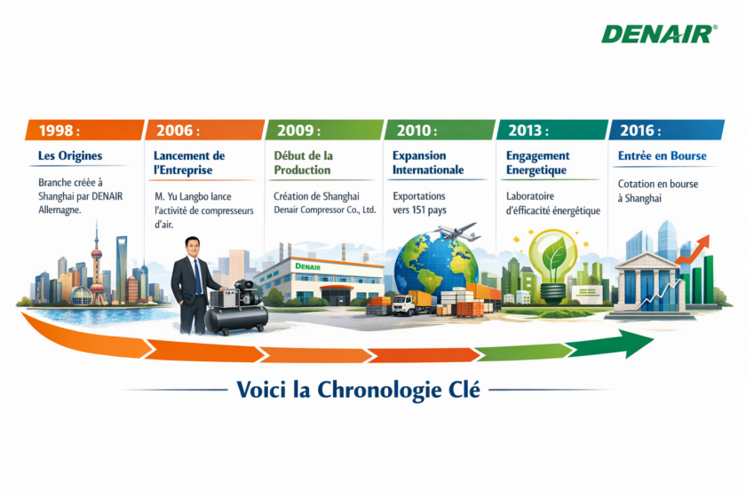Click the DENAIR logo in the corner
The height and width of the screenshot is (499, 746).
(x=659, y=35)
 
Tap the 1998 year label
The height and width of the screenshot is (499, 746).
(x=60, y=131)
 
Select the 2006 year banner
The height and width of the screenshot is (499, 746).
(x=204, y=130)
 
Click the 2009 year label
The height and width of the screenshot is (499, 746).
(x=298, y=131)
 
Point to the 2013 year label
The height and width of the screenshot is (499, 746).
(x=528, y=131)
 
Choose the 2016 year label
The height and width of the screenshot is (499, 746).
(x=640, y=131)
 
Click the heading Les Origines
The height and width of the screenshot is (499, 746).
(x=70, y=155)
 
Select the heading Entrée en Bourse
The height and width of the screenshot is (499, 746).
(x=663, y=155)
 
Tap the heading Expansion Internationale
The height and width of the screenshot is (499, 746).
(x=428, y=162)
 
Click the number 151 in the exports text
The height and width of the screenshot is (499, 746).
(x=418, y=210)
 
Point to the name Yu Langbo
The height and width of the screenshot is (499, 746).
(x=192, y=196)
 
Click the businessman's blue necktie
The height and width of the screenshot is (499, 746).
(x=197, y=276)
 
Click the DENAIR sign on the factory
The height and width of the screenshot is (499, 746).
(x=308, y=266)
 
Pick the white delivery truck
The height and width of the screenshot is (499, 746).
(x=404, y=305)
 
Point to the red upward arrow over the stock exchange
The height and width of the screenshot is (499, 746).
(x=693, y=249)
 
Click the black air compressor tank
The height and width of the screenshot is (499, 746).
(x=235, y=319)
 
